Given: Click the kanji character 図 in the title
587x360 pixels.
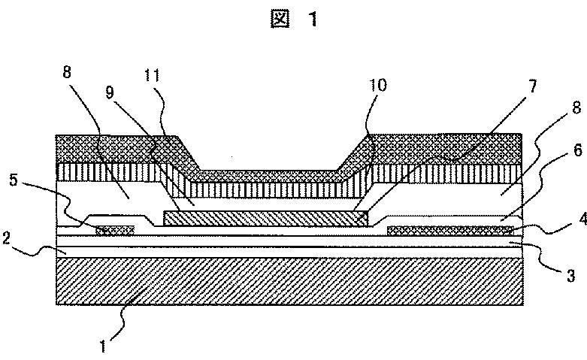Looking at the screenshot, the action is (280, 19).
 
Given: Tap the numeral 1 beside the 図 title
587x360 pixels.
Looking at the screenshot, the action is (313, 19).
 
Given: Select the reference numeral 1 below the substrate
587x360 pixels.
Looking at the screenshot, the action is (103, 346).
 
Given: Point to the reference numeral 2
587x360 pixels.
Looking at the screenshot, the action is (5, 238).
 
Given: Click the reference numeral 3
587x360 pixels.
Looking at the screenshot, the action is (570, 276).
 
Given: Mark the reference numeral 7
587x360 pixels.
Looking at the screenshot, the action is (532, 86).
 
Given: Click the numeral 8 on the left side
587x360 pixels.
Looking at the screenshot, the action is (67, 72).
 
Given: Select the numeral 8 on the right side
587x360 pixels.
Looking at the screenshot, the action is (577, 107).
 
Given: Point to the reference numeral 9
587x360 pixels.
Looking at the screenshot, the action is (109, 92).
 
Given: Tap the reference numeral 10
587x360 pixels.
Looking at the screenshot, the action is (377, 86).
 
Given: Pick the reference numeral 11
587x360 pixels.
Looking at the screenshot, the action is (152, 76).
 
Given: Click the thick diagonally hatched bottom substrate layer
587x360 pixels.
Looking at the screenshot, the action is (289, 281).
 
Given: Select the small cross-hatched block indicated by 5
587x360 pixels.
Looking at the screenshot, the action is (115, 230).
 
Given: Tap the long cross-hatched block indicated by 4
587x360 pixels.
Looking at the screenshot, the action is (450, 231).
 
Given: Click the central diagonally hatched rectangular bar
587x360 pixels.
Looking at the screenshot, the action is (266, 218).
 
